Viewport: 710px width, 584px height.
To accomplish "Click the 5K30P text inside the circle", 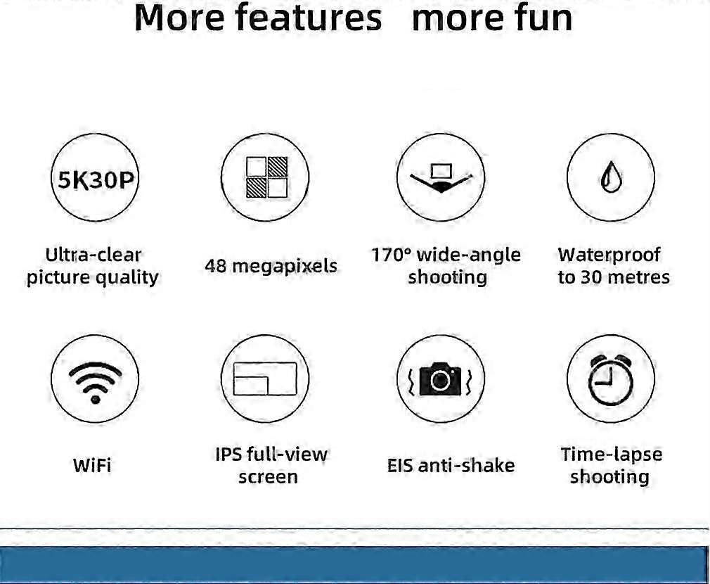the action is (x=95, y=180).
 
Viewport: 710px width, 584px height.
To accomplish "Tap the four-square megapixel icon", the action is (x=266, y=177).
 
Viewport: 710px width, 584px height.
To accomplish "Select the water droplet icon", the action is (x=611, y=177).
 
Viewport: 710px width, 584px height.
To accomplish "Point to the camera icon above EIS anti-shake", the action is (x=440, y=379).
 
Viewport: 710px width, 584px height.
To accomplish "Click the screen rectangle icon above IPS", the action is (x=265, y=379).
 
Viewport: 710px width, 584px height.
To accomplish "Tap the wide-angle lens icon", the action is (x=441, y=178).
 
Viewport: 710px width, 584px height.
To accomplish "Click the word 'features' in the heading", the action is (x=309, y=18).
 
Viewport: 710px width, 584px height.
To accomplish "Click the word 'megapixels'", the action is (x=285, y=266).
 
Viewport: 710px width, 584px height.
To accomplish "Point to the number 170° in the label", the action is (x=392, y=255).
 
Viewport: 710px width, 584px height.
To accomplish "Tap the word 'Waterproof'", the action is (x=609, y=255).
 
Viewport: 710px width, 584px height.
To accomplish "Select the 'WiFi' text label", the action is (x=92, y=465).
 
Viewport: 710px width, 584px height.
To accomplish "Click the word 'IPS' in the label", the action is (x=228, y=454).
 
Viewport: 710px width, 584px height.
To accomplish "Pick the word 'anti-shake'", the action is (x=466, y=465).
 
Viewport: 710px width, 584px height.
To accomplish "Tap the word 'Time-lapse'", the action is (x=612, y=455).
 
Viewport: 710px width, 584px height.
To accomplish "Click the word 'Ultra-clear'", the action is (x=93, y=255).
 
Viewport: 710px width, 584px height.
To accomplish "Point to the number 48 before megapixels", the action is (x=216, y=266).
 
